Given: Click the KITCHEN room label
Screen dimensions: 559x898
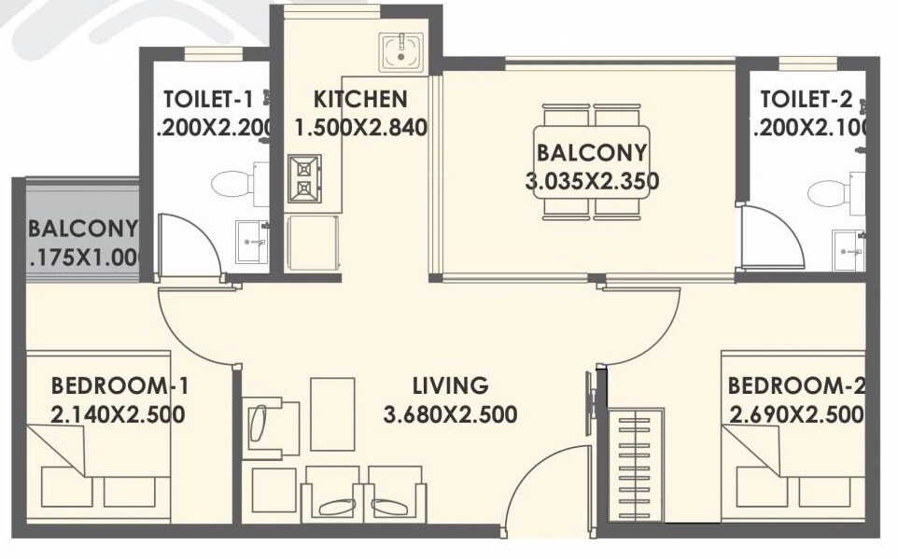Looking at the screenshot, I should coord(360,99).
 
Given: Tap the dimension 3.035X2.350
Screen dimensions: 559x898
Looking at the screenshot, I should coord(592,181).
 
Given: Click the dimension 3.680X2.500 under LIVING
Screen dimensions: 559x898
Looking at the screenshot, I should coord(450,414).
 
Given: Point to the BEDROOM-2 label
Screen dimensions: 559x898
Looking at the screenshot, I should coord(796,385).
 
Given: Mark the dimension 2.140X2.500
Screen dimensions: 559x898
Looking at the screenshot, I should coord(118,414).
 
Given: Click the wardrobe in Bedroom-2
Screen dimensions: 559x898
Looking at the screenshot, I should coord(636,465).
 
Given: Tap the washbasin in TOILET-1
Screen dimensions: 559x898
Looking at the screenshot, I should coord(251,242).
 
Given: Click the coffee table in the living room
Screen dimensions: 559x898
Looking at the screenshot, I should coord(332,413).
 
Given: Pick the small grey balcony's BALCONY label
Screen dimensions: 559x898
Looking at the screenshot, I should coord(82,229).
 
